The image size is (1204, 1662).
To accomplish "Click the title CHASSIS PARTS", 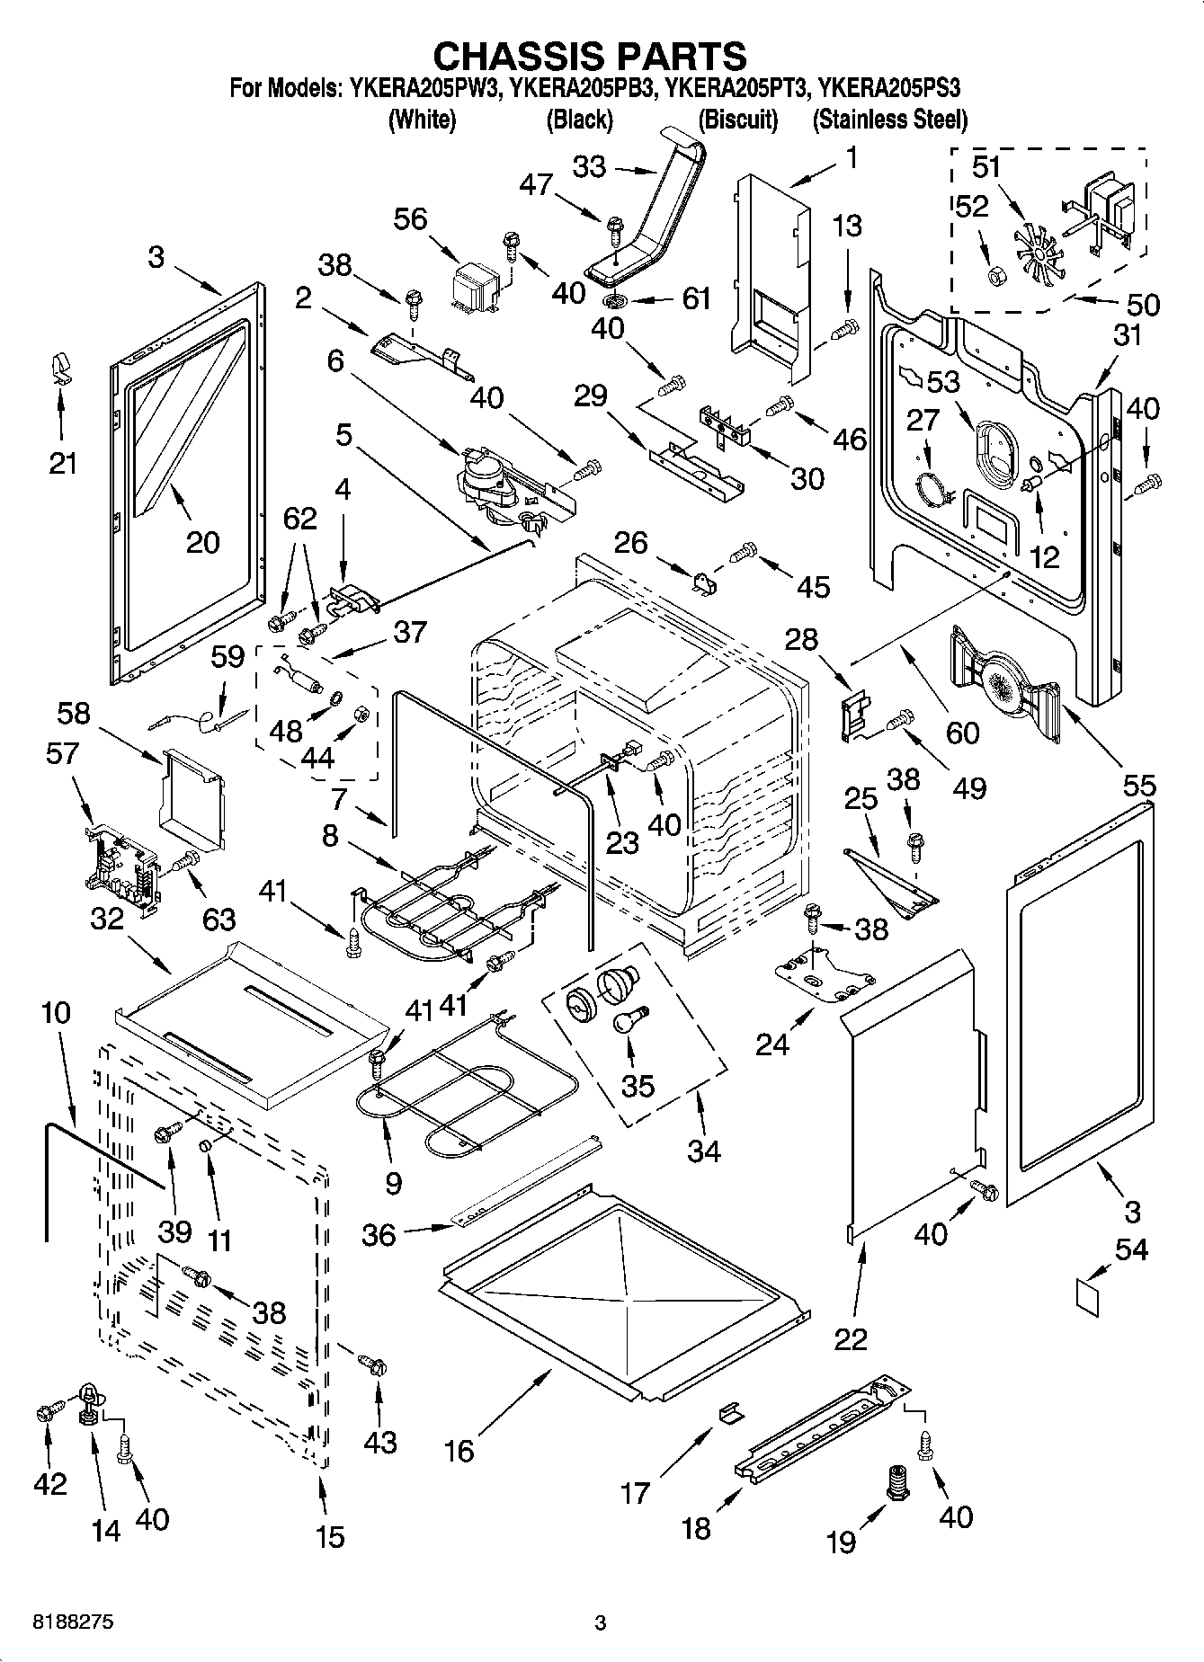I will tap(590, 56).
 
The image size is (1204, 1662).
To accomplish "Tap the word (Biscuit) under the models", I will tap(738, 120).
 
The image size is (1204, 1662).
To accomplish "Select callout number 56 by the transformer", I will tap(411, 219).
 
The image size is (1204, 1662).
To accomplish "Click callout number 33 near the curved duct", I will tap(591, 167).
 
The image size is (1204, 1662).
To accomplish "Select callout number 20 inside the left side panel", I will tap(203, 542).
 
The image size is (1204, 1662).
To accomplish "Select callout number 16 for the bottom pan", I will tap(459, 1450).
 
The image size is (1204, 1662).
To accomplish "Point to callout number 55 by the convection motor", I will tap(1139, 787).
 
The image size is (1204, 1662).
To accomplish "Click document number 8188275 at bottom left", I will tap(73, 1622).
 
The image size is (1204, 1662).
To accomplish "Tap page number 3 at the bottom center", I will tap(601, 1623).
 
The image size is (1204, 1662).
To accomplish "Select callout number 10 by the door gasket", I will tap(55, 1013).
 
